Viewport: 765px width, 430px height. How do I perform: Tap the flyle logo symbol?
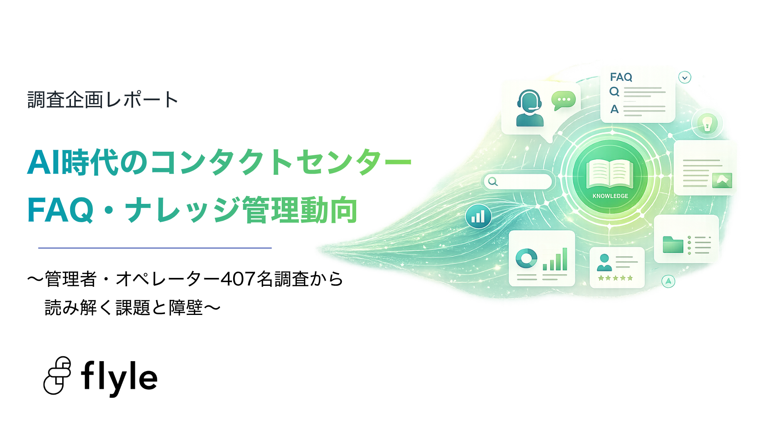click(x=57, y=375)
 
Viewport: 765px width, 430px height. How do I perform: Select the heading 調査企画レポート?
click(x=102, y=100)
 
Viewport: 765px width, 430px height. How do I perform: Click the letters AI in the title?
click(x=45, y=162)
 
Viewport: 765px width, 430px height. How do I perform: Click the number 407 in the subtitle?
click(x=238, y=279)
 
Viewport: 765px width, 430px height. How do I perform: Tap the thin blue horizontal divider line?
click(x=155, y=248)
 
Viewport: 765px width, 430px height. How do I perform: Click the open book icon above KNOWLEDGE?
click(x=610, y=174)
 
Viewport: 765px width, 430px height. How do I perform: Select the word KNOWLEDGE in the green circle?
click(x=610, y=196)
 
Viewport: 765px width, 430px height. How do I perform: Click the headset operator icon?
click(x=530, y=108)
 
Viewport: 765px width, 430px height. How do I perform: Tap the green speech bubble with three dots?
click(x=563, y=100)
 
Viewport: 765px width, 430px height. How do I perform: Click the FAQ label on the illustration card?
click(x=621, y=77)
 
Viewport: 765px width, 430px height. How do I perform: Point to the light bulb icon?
click(x=707, y=123)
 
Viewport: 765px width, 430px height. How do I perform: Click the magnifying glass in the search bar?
click(x=493, y=182)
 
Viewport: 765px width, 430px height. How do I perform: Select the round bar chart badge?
click(x=478, y=216)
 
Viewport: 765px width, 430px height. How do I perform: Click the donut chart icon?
click(x=526, y=258)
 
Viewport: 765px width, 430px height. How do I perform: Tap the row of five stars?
click(x=615, y=278)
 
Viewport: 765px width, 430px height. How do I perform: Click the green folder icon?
click(x=673, y=244)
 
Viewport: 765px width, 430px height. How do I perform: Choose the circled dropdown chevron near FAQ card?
click(x=685, y=77)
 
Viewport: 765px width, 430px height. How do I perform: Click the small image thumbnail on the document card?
click(x=722, y=180)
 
